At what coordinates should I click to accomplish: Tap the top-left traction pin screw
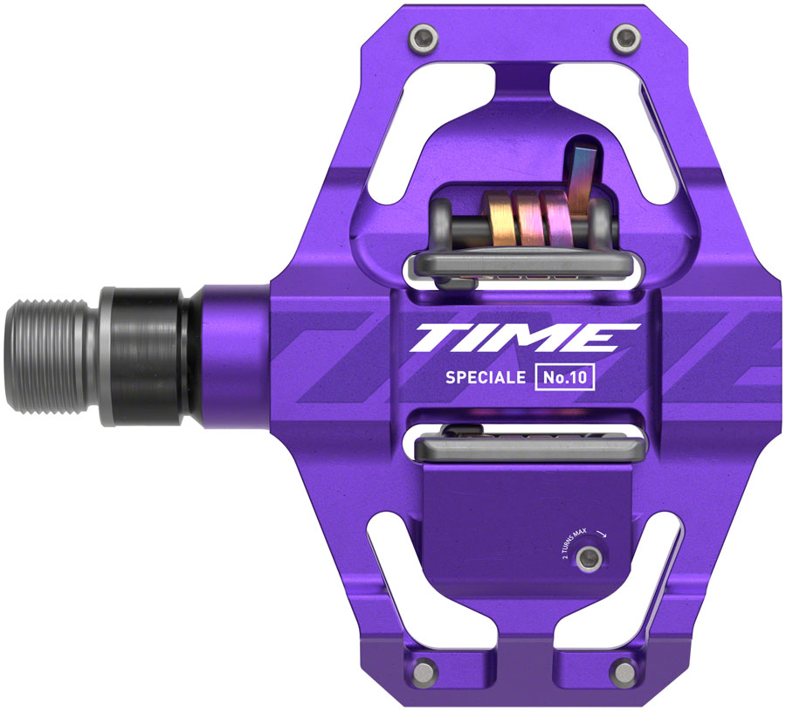coord(425,37)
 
